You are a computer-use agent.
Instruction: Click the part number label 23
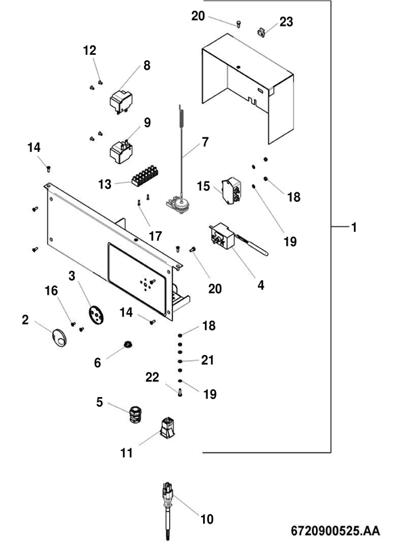coord(286,22)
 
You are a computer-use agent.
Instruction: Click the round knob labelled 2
coord(59,336)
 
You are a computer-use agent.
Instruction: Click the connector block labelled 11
coord(166,429)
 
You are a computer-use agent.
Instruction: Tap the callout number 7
coord(205,143)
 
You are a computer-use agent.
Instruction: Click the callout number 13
coord(104,184)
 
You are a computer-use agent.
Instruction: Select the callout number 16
coord(51,291)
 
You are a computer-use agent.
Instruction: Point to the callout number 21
coord(208,360)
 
